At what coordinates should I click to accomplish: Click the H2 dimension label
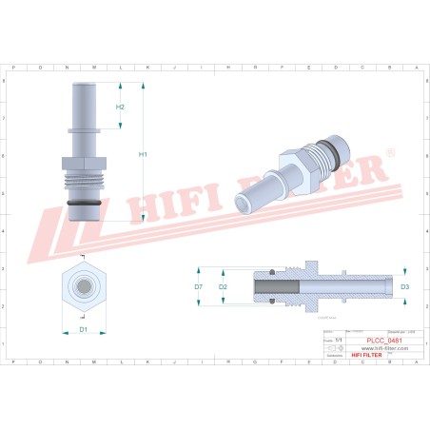pyautogui.click(x=121, y=107)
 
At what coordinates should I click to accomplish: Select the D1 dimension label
pyautogui.click(x=84, y=329)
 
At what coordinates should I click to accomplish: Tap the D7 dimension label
pyautogui.click(x=199, y=285)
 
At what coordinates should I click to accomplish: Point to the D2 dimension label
pyautogui.click(x=223, y=285)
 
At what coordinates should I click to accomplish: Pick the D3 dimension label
pyautogui.click(x=403, y=285)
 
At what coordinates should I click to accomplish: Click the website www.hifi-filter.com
pyautogui.click(x=384, y=348)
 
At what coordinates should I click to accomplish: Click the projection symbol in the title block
pyautogui.click(x=332, y=348)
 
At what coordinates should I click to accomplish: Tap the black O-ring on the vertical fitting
pyautogui.click(x=84, y=204)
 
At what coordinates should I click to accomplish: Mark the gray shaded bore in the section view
pyautogui.click(x=275, y=285)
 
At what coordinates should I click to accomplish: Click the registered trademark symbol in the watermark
pyautogui.click(x=389, y=153)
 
